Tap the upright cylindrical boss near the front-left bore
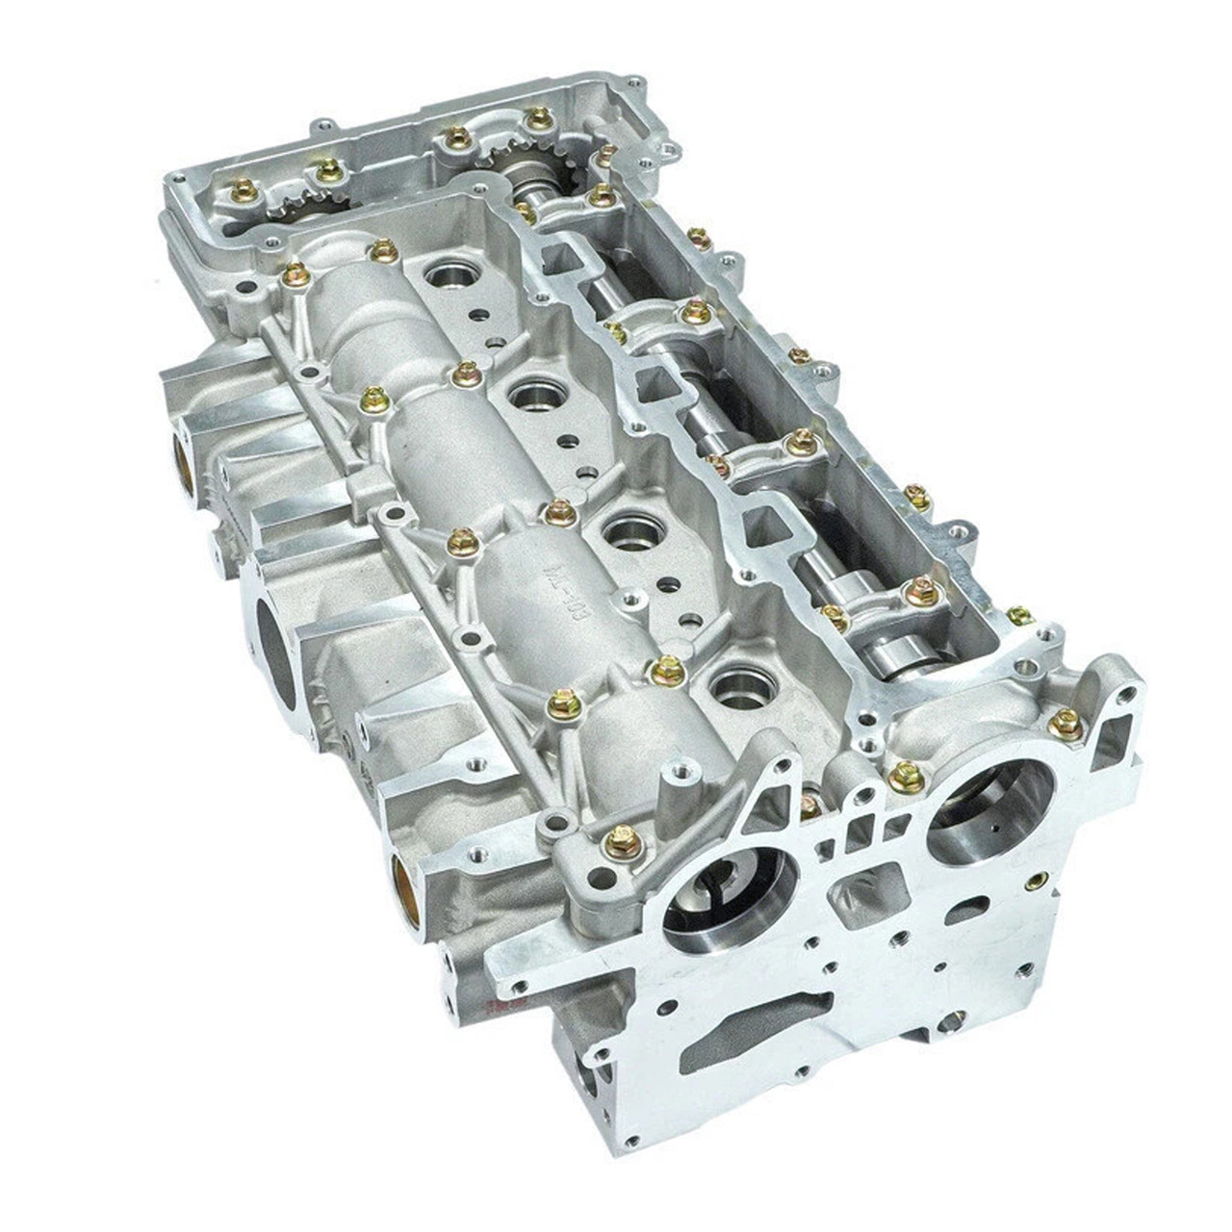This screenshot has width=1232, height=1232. (673, 780)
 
